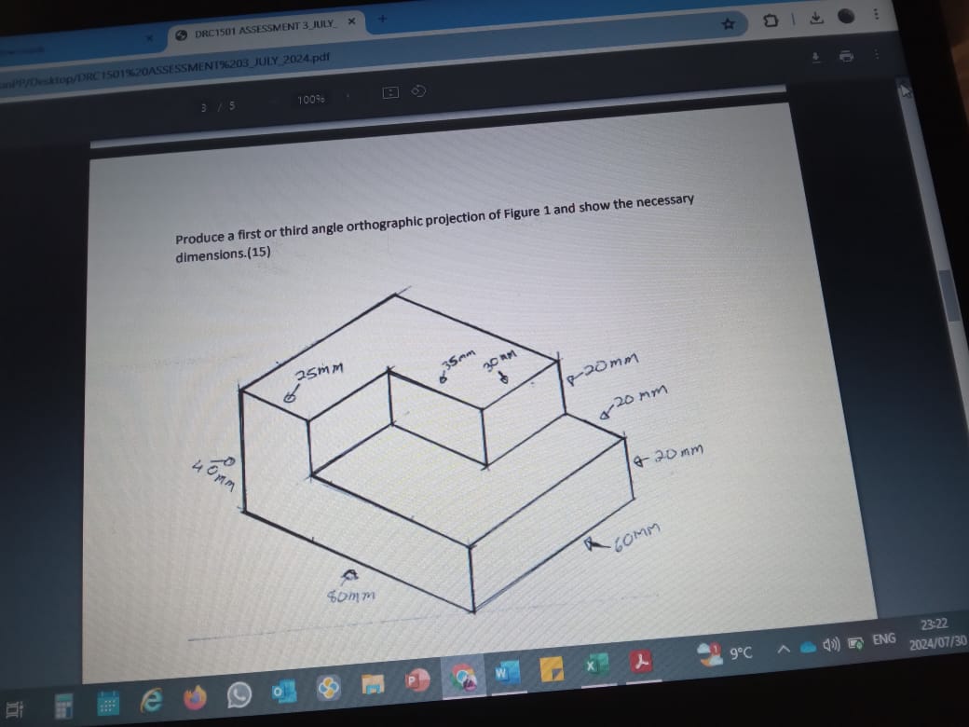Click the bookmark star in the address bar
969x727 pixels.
click(x=730, y=22)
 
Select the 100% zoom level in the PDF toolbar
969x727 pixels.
click(x=310, y=99)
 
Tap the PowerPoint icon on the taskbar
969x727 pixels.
click(x=411, y=679)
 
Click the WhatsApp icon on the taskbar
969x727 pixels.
click(x=239, y=694)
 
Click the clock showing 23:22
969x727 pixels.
click(x=936, y=624)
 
